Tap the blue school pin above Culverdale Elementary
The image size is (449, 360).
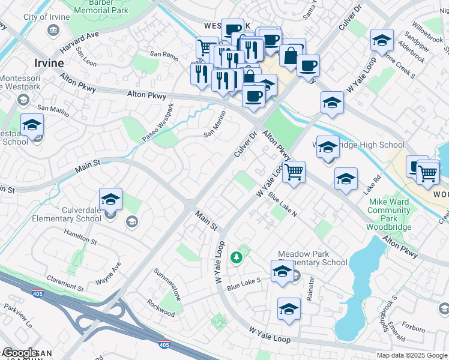pos(110,199)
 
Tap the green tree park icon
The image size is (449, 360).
pos(237,257)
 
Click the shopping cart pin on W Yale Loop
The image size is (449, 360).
pos(294,172)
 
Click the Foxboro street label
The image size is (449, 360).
pos(413,328)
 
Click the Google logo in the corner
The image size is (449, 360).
pos(20,353)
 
